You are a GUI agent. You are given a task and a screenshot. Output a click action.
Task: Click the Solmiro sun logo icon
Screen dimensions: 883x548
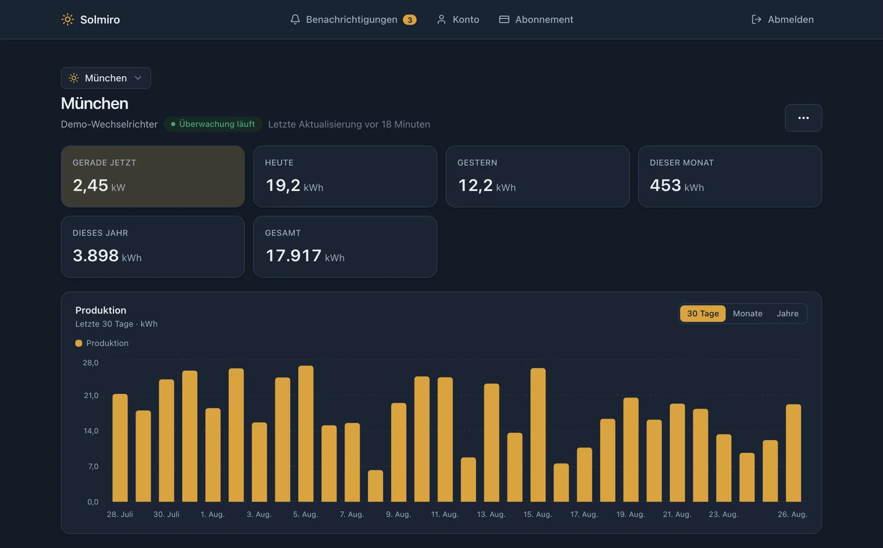pos(67,19)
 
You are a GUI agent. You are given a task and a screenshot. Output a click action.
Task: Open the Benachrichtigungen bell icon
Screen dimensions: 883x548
pos(295,19)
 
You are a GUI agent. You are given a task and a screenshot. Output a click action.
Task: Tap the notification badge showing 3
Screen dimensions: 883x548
pos(410,20)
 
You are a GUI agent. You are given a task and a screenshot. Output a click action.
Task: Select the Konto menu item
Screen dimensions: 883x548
pos(458,19)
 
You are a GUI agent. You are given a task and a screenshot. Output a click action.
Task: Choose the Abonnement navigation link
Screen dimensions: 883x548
pos(536,19)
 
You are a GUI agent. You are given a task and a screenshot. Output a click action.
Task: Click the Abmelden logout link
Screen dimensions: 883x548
pos(782,19)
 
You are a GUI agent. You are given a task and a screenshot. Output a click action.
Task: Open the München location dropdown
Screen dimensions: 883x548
pos(106,78)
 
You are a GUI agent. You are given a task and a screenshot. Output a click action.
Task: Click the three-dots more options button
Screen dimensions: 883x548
pos(803,118)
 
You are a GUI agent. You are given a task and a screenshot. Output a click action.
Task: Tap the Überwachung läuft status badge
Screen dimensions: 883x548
pos(213,124)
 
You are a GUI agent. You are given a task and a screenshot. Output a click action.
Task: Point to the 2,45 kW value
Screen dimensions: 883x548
pos(99,185)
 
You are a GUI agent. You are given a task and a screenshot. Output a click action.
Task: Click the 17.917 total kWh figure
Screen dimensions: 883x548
pos(305,255)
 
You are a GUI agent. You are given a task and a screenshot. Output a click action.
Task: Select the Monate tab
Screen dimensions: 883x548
pos(748,313)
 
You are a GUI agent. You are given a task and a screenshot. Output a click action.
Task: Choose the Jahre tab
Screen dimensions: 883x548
pos(787,313)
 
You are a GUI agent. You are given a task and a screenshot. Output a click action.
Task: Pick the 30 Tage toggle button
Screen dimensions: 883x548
pos(702,313)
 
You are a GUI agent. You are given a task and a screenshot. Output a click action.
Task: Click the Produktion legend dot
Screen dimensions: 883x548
pos(78,343)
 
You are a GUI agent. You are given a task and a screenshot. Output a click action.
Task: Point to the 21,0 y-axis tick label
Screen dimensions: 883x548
pos(91,395)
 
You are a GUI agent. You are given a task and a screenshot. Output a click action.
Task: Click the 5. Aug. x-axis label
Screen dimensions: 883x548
pos(306,514)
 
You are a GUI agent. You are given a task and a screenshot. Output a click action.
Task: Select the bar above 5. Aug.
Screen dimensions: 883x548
pos(306,434)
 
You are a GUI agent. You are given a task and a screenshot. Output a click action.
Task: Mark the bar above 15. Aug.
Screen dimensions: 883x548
pos(538,435)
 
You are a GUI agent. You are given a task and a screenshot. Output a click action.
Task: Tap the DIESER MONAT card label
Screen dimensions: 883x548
pos(681,163)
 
